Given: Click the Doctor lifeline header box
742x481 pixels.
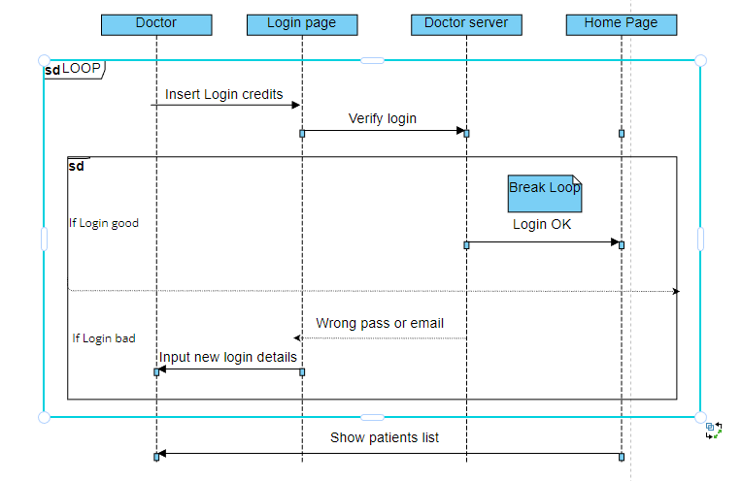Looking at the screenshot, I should (156, 23).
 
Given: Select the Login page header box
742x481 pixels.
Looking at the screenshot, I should (301, 23).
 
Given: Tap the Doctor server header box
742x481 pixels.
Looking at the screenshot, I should (466, 23).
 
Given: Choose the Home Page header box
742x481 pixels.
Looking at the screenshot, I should (621, 23).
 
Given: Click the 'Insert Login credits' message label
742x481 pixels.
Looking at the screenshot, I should (223, 94).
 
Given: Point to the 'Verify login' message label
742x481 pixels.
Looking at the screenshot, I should (382, 118).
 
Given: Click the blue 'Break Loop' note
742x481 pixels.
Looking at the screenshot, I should (544, 192).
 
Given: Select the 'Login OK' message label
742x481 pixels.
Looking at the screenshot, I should (542, 224).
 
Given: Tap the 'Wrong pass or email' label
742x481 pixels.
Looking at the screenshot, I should (380, 323).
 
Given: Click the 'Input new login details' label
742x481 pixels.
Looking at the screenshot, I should (228, 357).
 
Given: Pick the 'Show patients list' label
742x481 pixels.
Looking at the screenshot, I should (384, 437).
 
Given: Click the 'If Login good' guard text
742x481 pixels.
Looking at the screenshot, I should (103, 223).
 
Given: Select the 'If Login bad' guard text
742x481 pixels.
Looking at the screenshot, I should (103, 338).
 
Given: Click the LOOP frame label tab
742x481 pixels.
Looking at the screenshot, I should (74, 69).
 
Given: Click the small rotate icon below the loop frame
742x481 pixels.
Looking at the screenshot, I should (714, 430).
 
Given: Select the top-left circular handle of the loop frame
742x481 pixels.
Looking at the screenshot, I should (44, 60).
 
